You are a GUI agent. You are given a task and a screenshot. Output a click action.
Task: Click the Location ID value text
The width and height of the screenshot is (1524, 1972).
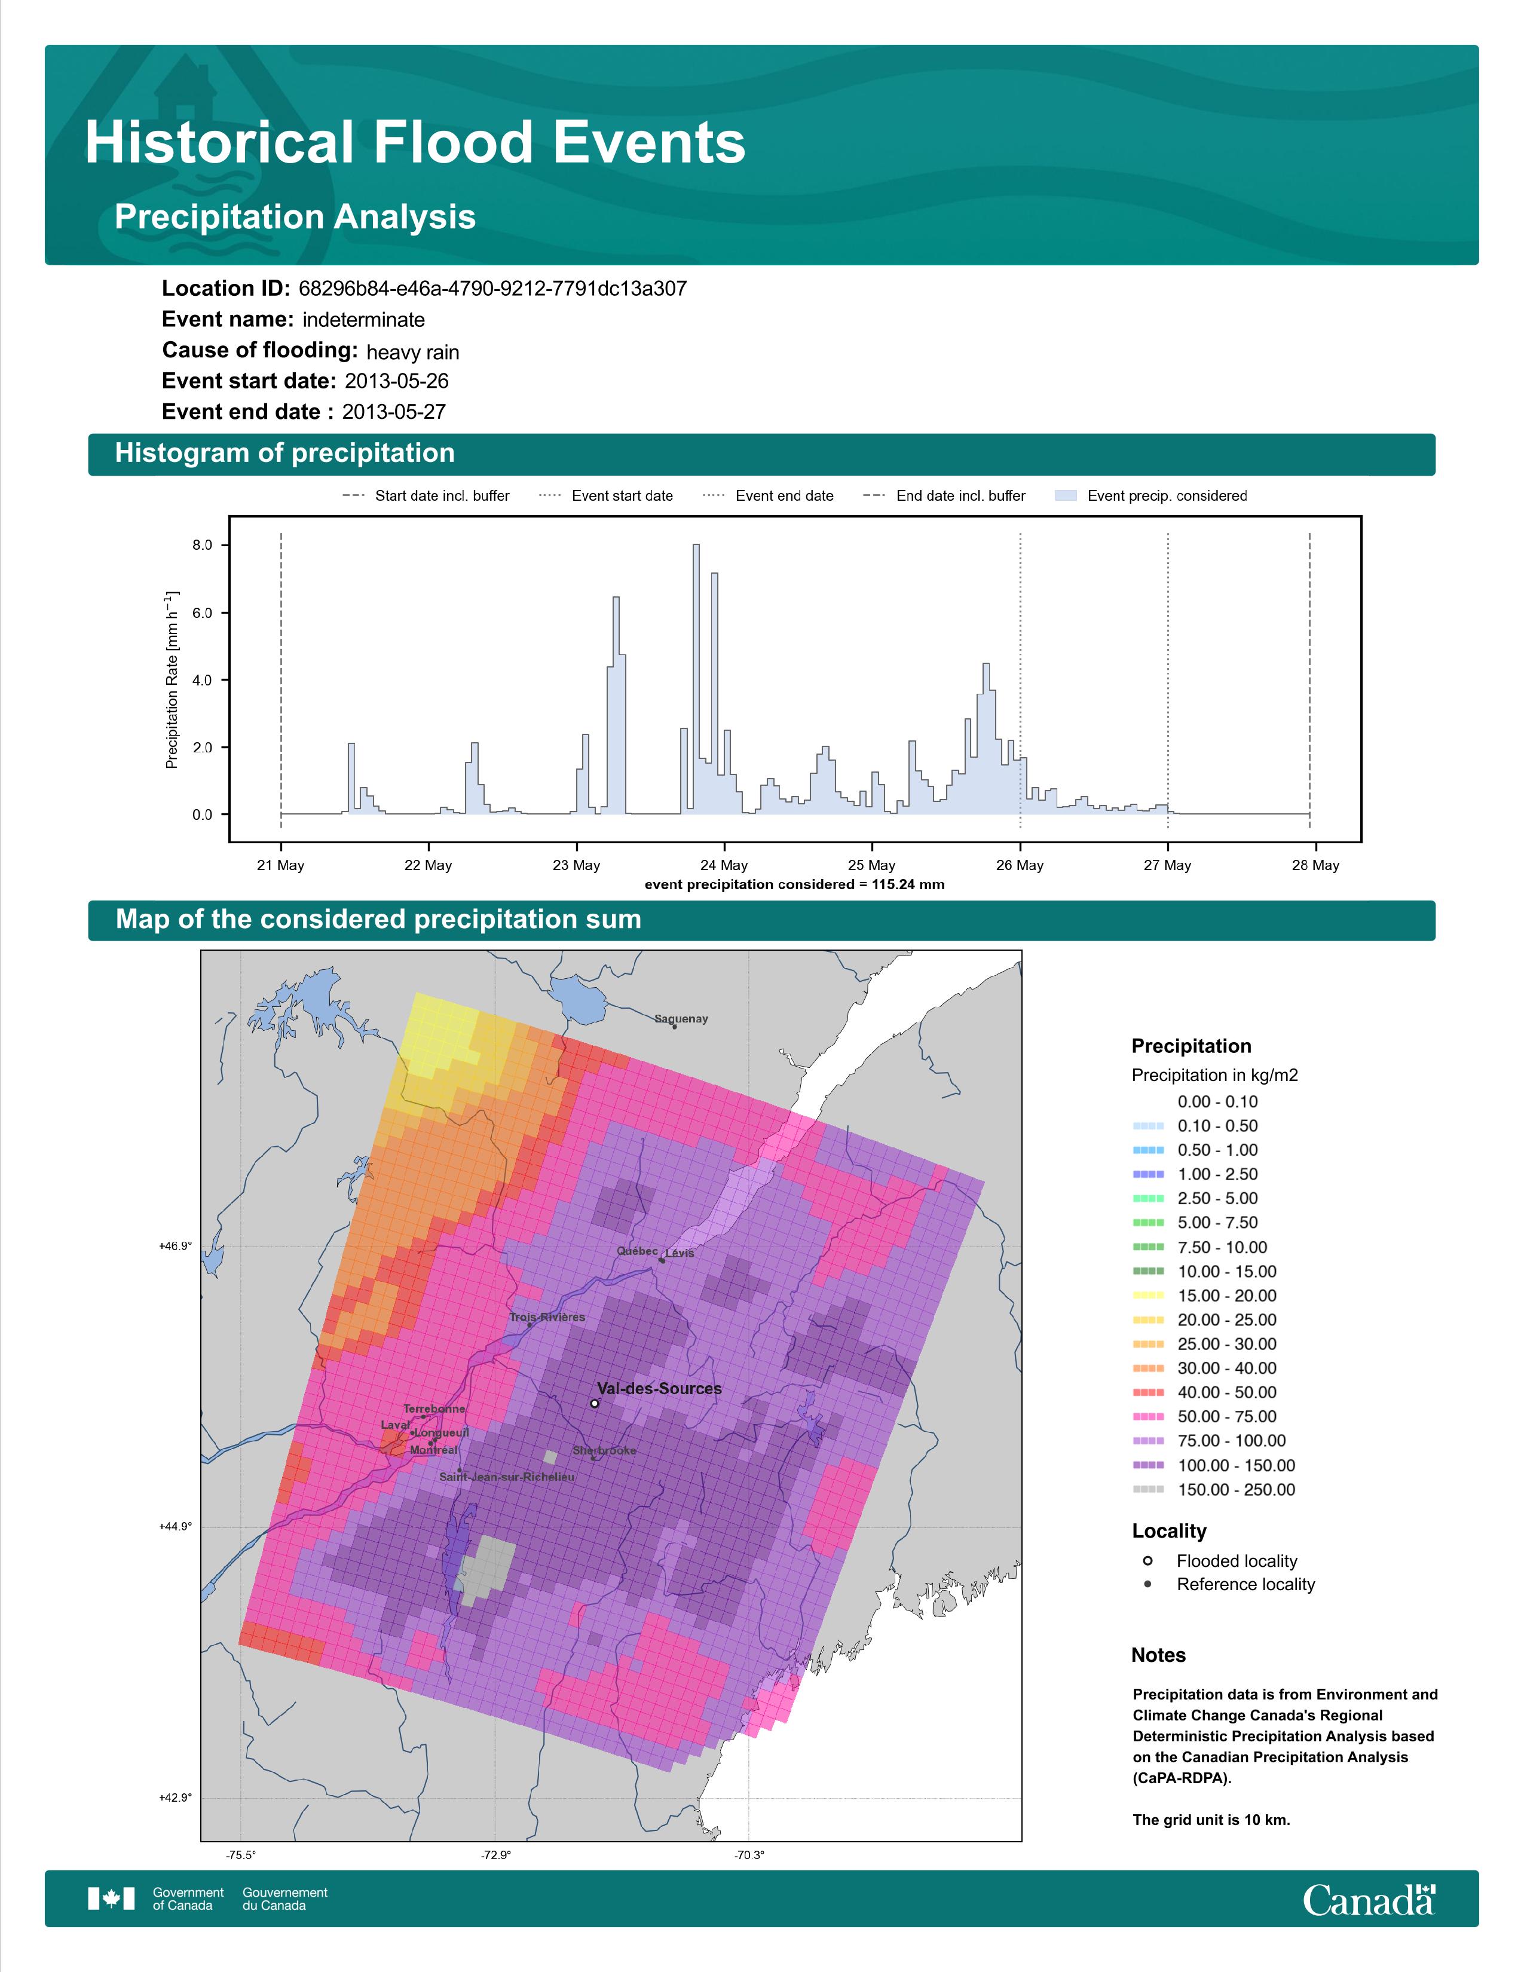coord(492,289)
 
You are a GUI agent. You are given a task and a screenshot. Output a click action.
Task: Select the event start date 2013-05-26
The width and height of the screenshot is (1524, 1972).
coord(396,381)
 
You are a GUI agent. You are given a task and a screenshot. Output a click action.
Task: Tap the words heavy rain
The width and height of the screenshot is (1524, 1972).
coord(412,352)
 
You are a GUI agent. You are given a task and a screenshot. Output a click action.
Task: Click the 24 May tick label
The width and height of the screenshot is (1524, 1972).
coord(724,865)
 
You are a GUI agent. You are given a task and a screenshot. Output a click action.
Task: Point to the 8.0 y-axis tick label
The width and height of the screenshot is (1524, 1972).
coord(202,546)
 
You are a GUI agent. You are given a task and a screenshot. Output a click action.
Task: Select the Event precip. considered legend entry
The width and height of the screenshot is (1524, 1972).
coord(1156,496)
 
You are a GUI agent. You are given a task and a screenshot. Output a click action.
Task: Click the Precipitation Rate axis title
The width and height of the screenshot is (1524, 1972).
coord(172,680)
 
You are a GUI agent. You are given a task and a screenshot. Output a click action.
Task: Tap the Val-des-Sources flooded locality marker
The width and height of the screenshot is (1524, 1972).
coord(594,1403)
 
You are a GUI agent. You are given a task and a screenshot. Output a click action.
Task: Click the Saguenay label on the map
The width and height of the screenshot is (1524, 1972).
coord(681,1018)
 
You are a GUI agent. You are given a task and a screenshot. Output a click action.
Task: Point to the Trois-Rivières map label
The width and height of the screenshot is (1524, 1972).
coord(547,1318)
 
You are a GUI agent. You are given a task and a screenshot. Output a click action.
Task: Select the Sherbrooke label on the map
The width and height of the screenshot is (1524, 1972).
coord(604,1451)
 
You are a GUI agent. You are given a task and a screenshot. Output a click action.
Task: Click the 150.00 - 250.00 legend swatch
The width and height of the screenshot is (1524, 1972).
coord(1147,1490)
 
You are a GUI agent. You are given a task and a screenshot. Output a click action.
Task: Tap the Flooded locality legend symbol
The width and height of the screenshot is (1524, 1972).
coord(1147,1560)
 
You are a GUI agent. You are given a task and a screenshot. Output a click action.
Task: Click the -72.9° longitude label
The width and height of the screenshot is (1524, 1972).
coord(495,1855)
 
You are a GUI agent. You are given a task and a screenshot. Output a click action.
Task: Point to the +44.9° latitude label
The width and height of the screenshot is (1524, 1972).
coord(176,1526)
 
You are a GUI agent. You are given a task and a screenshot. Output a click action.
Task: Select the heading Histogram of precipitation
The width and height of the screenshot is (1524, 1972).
coord(284,454)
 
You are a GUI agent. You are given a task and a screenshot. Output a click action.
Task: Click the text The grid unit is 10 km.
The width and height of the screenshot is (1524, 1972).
coord(1211,1820)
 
